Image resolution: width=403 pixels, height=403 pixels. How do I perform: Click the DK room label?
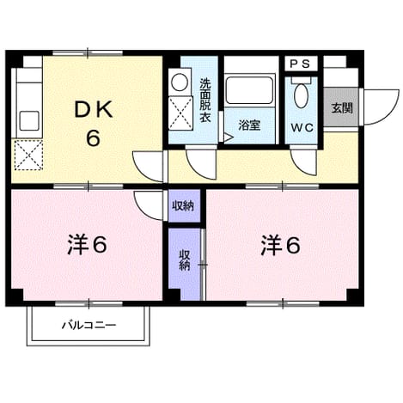[94, 109]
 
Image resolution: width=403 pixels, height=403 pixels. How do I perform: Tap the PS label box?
[301, 64]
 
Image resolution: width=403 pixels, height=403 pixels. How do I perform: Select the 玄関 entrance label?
[342, 108]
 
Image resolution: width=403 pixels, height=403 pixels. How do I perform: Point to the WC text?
[302, 128]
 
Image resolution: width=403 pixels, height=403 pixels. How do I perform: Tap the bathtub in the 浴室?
[249, 90]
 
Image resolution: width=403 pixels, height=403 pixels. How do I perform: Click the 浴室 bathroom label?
[249, 125]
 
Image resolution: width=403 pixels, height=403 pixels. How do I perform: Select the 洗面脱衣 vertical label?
[205, 100]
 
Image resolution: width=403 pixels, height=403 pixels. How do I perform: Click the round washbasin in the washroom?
[180, 82]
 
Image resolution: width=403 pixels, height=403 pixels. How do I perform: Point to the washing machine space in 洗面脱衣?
[180, 113]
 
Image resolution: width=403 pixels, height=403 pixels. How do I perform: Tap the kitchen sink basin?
[29, 120]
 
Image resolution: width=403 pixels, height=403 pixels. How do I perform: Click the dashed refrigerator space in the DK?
[28, 156]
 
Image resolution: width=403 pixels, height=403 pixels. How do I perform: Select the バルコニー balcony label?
[89, 326]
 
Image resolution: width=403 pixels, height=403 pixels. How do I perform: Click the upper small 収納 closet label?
[183, 205]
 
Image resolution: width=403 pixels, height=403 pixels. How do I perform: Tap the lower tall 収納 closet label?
[185, 260]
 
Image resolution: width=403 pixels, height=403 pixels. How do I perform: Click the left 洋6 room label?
[87, 245]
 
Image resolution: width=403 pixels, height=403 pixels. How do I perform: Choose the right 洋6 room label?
[280, 246]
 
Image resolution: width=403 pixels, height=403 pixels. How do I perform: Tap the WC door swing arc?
[297, 167]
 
